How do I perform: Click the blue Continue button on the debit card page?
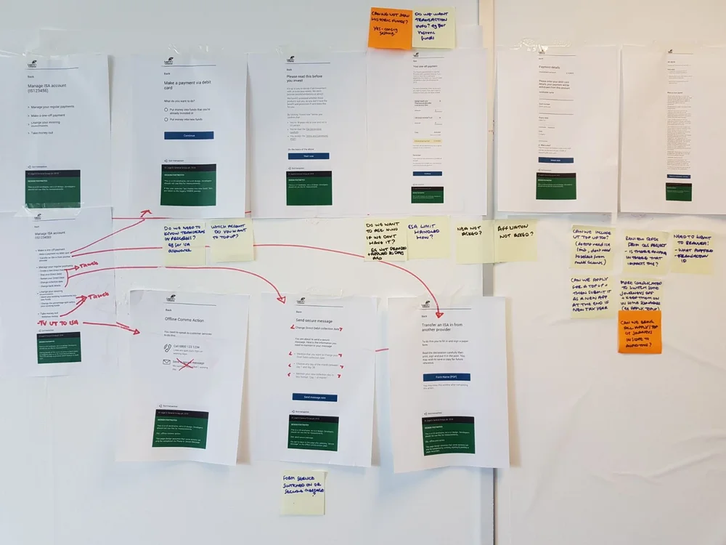click(189, 135)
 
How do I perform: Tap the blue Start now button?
click(309, 156)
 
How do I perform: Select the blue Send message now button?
click(314, 397)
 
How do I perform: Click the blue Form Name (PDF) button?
click(446, 377)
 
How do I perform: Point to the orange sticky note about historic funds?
click(390, 28)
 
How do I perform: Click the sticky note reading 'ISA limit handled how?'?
click(428, 238)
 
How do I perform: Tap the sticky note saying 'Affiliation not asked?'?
click(516, 241)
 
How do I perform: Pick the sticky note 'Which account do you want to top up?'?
click(232, 241)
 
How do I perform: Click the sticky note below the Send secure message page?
click(303, 493)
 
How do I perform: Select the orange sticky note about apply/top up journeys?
click(640, 332)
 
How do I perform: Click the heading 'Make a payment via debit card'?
click(190, 89)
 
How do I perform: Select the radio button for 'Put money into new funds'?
click(166, 119)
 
